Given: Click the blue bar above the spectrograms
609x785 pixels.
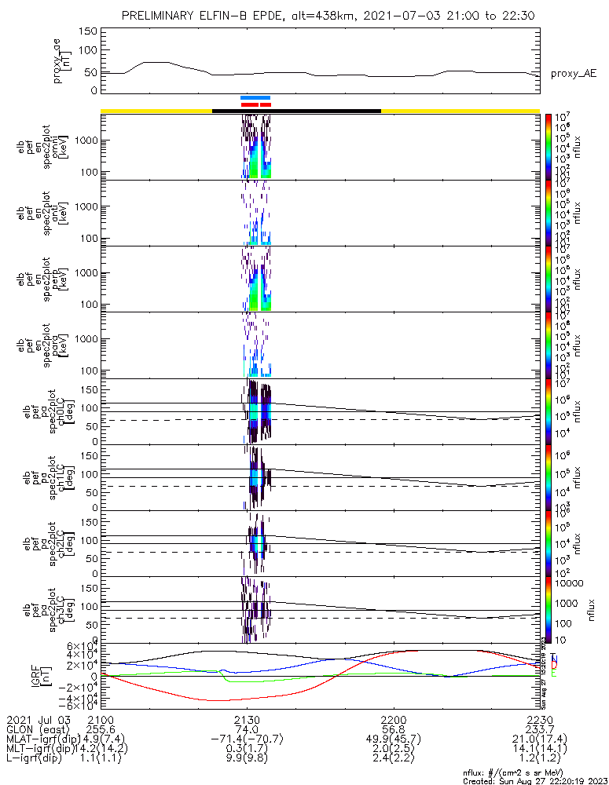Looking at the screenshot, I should [255, 97].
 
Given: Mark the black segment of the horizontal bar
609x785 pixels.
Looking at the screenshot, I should [297, 111].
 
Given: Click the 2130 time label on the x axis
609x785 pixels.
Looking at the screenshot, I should [247, 719].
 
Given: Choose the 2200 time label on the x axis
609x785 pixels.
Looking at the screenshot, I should [393, 719].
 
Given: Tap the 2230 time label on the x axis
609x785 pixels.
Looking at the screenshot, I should [539, 719].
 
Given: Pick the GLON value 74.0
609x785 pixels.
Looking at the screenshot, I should [247, 729].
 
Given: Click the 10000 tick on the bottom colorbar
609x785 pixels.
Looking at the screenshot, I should [565, 584].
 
